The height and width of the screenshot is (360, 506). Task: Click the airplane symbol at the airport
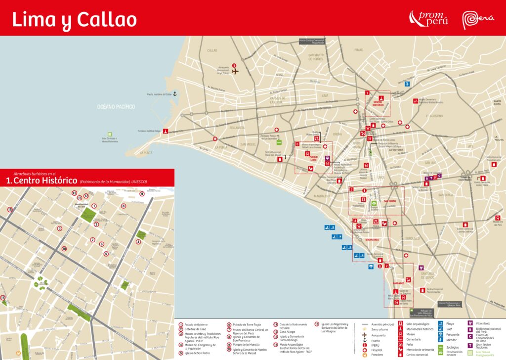point(235,71)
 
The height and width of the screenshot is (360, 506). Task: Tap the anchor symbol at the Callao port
point(174,93)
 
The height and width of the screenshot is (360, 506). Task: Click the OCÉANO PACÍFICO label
point(116,106)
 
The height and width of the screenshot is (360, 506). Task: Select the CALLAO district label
point(212,50)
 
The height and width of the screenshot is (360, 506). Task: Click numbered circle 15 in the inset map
point(10,210)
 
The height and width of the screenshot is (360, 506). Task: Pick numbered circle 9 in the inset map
point(142,193)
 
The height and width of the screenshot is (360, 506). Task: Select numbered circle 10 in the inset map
point(64,248)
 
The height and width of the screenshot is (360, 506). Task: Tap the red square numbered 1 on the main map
point(367,92)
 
